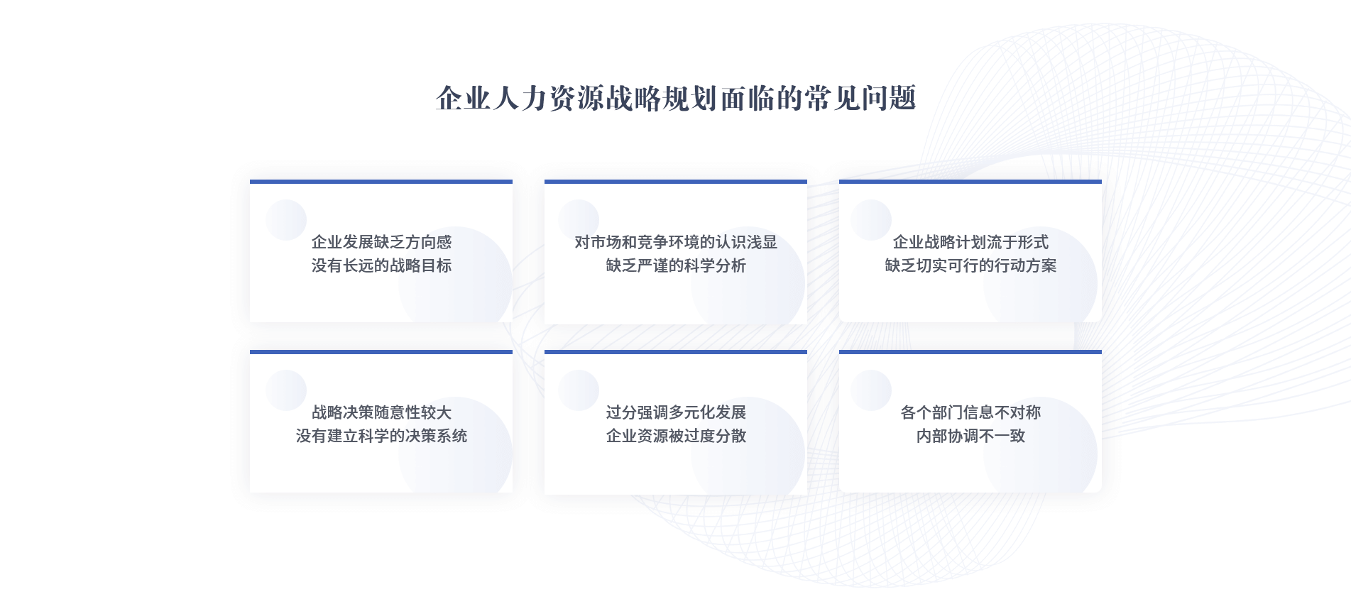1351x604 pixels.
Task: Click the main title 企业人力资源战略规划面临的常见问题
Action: point(676,98)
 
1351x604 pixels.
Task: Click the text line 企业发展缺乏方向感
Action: point(381,242)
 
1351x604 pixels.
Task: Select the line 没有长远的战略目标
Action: point(381,265)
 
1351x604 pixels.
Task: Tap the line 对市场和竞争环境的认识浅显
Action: point(676,242)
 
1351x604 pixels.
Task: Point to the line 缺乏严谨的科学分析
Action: point(676,265)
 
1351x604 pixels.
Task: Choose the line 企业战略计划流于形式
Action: point(970,242)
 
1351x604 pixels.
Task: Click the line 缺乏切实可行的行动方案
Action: point(970,265)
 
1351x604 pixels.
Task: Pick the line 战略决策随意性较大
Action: point(381,412)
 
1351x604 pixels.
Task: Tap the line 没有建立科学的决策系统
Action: point(381,436)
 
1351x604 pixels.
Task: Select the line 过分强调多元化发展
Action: point(676,412)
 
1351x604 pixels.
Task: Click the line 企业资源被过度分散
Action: point(676,436)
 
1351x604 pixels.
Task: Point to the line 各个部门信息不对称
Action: point(970,412)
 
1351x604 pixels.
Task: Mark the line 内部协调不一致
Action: point(970,436)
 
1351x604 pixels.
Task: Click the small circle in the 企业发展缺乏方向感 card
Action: point(286,220)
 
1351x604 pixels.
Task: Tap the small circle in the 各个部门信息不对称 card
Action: point(871,390)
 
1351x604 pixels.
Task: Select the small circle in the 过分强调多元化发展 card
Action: point(579,390)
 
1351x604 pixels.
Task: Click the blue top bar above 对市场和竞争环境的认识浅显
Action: point(676,182)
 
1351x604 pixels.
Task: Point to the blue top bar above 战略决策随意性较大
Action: point(381,352)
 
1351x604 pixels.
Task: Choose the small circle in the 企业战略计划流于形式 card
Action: point(871,220)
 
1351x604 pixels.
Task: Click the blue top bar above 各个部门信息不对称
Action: point(970,352)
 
